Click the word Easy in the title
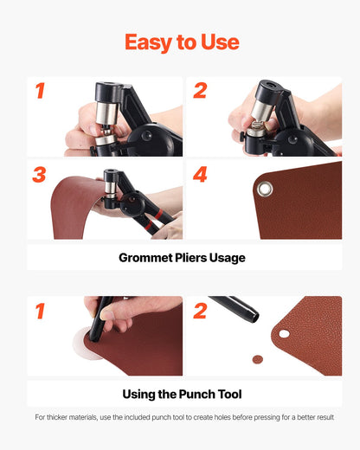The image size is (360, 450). [x=147, y=42]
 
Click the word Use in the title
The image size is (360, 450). [x=219, y=42]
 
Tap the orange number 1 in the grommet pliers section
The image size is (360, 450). [x=39, y=91]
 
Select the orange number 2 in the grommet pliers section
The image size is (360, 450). [x=200, y=91]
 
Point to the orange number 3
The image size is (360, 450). [x=39, y=174]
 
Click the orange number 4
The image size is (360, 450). [x=200, y=174]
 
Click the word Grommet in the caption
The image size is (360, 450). [x=149, y=257]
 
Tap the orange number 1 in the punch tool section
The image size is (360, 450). [x=39, y=310]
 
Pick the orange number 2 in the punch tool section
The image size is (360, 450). [x=200, y=310]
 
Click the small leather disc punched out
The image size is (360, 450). [x=257, y=358]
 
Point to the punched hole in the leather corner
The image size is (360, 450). [x=284, y=333]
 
